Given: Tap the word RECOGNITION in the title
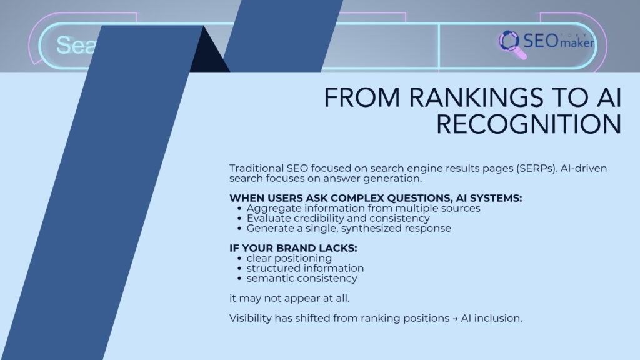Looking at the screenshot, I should click(x=529, y=124).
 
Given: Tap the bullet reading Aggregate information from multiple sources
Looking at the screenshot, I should click(x=363, y=208).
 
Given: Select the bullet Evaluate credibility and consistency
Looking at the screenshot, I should click(x=337, y=218).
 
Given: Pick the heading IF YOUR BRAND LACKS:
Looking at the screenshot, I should click(x=293, y=248).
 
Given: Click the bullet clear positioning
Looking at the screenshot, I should click(x=289, y=258).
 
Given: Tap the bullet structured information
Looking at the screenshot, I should click(x=304, y=268).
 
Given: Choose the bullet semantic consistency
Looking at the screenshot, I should click(x=302, y=278).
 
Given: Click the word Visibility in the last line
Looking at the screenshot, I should click(x=250, y=317).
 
